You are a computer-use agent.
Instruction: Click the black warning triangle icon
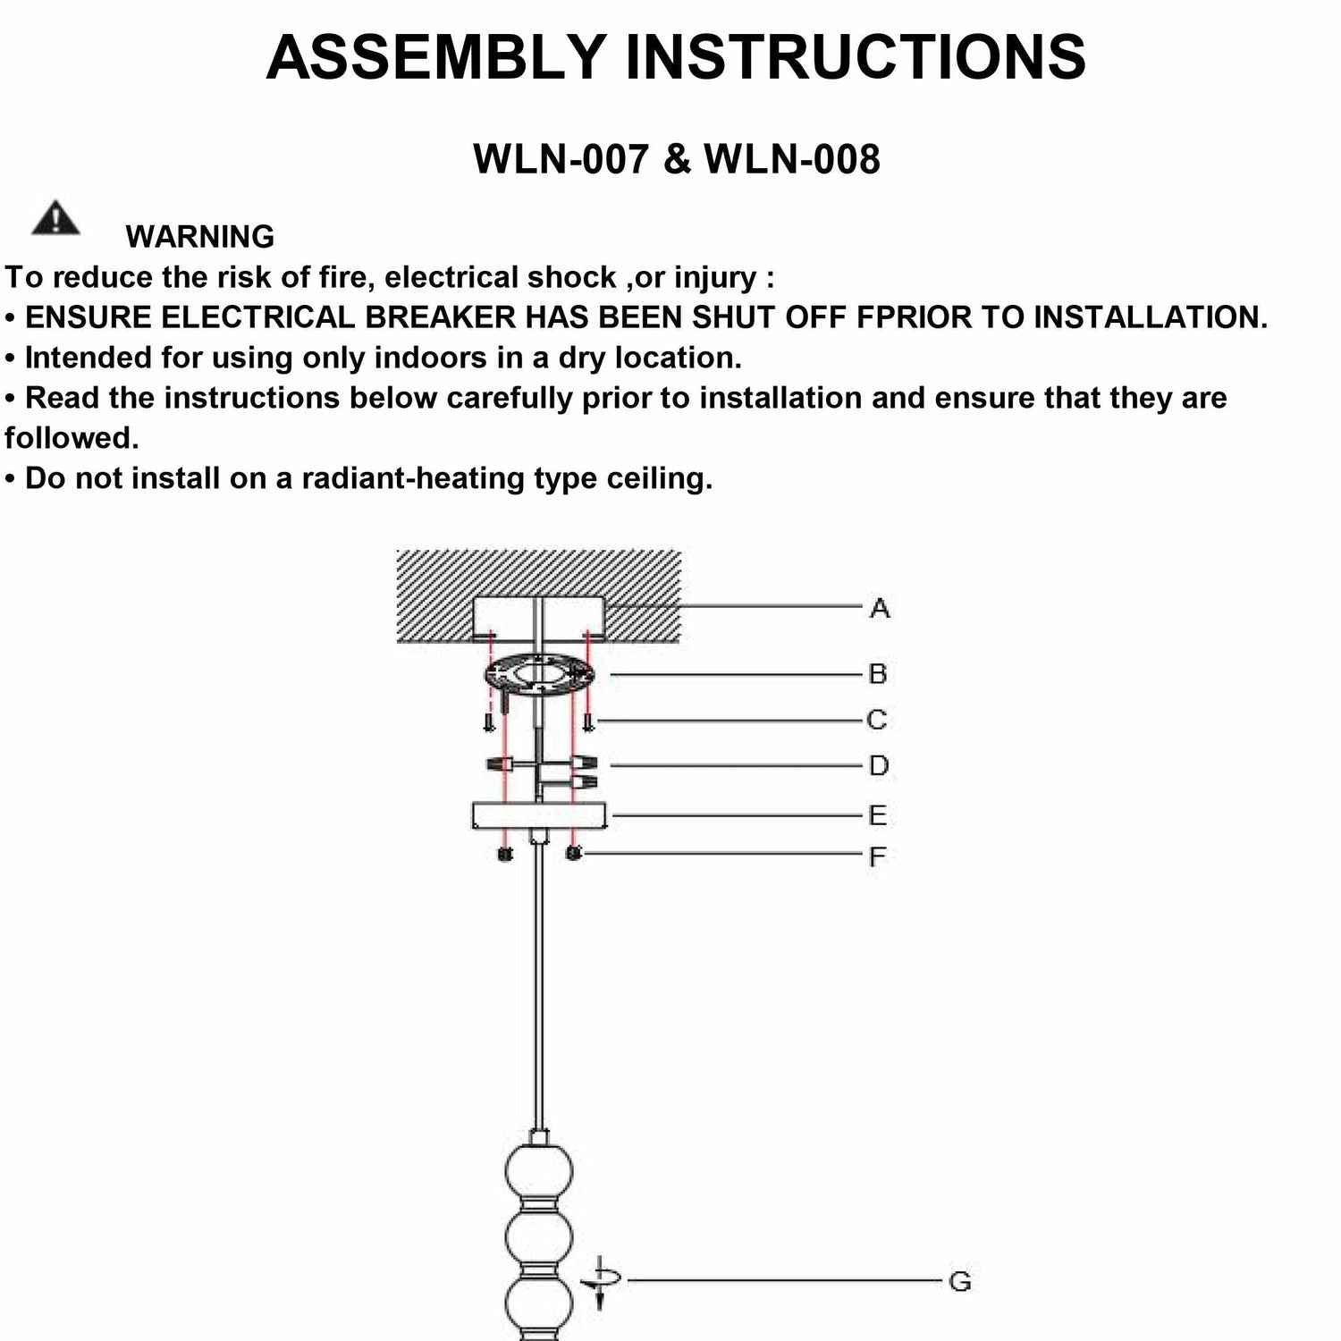[x=55, y=218]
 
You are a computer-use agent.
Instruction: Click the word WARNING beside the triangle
[x=199, y=237]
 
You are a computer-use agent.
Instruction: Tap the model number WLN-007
[x=561, y=159]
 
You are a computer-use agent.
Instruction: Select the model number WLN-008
[x=792, y=159]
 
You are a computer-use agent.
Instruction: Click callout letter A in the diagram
[x=880, y=609]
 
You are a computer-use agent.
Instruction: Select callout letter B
[x=878, y=674]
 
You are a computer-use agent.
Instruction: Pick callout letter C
[x=877, y=720]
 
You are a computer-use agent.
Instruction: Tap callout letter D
[x=879, y=766]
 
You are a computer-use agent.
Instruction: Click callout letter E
[x=878, y=815]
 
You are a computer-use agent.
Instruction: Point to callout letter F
[x=878, y=856]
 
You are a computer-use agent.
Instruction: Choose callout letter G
[x=959, y=1282]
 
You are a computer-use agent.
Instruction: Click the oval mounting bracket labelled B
[x=539, y=674]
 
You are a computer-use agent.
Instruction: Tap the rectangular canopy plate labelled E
[x=539, y=815]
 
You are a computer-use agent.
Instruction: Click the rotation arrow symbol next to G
[x=600, y=1282]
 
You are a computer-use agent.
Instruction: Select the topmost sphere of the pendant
[x=538, y=1171]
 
